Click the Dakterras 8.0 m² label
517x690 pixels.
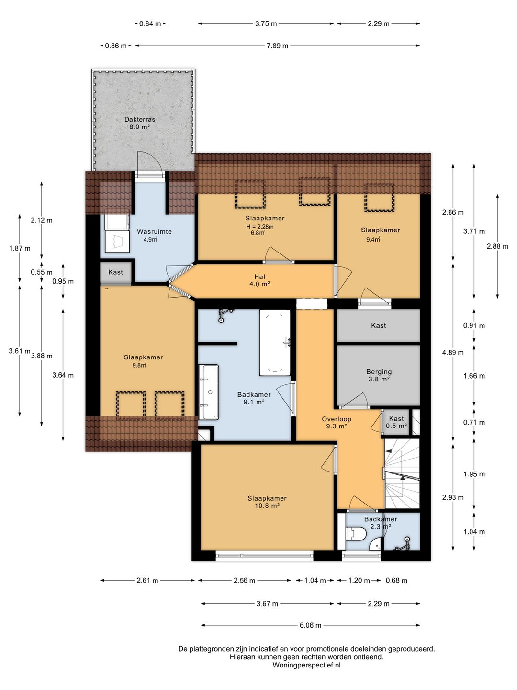click(140, 123)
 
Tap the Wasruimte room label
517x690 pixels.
click(154, 231)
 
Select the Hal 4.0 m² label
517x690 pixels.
click(260, 280)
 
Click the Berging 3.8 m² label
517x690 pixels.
click(379, 375)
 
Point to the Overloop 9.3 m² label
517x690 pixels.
click(336, 423)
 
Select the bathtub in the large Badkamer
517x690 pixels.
click(275, 342)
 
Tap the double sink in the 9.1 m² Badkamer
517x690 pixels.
click(209, 392)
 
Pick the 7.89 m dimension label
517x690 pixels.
click(277, 46)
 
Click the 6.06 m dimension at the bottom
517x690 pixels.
click(311, 625)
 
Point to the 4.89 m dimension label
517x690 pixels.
click(453, 352)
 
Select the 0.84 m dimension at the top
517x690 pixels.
click(150, 23)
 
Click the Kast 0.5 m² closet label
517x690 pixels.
click(396, 422)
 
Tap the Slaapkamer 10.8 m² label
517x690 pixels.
click(267, 502)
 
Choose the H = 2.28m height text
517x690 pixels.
click(260, 227)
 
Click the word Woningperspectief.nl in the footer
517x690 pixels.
click(306, 665)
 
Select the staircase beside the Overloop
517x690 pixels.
click(402, 473)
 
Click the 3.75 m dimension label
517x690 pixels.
click(266, 23)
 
